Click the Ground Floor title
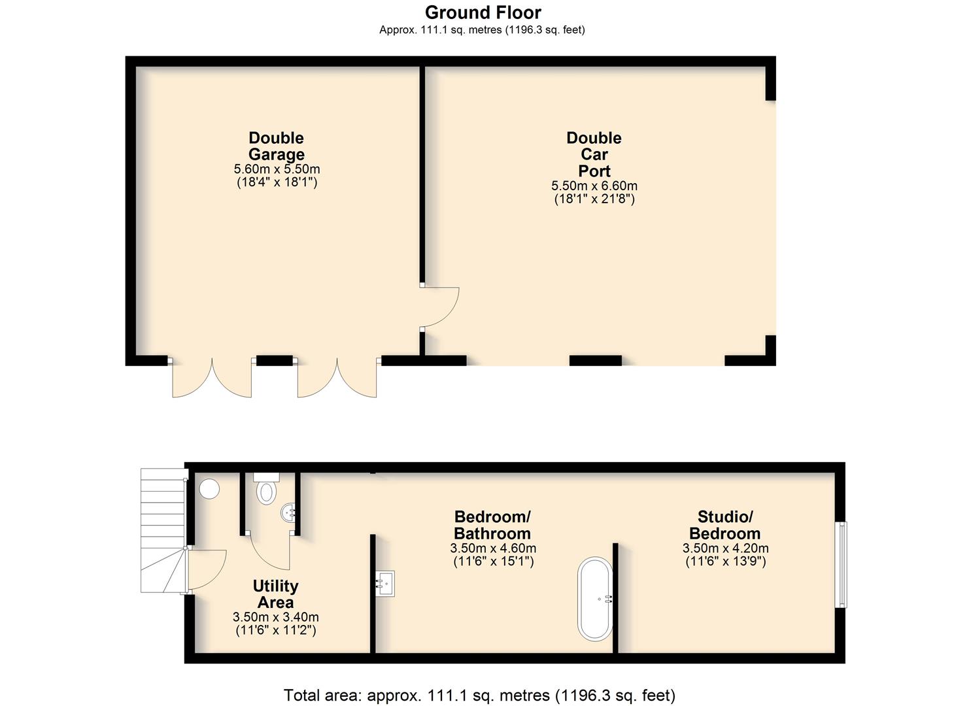click(x=483, y=12)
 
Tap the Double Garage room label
click(x=277, y=146)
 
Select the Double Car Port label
click(x=594, y=154)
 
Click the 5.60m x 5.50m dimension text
click(x=277, y=169)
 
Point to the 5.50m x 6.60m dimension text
click(x=594, y=186)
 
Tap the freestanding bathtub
click(x=596, y=599)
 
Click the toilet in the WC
click(x=266, y=488)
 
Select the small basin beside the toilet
click(x=288, y=513)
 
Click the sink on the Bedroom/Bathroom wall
click(x=385, y=583)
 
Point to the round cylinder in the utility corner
click(x=209, y=488)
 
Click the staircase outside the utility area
click(x=163, y=530)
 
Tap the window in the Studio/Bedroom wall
click(x=842, y=564)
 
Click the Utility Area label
click(x=276, y=594)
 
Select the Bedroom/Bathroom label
click(x=492, y=525)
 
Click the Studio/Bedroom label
click(x=724, y=525)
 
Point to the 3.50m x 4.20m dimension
click(x=726, y=548)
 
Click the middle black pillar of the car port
click(x=595, y=360)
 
